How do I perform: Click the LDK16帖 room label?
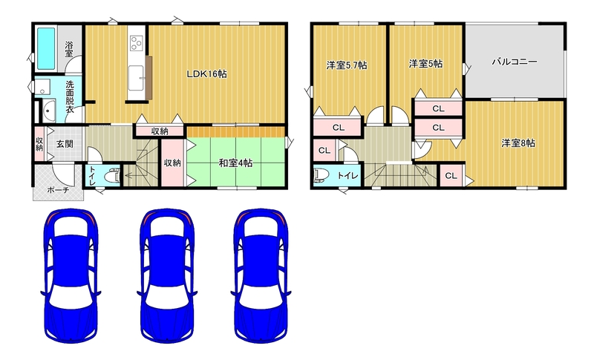click(206, 73)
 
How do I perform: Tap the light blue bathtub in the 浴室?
click(46, 48)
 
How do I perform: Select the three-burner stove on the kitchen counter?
click(136, 43)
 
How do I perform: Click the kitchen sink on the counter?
click(136, 78)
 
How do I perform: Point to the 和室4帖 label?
click(235, 163)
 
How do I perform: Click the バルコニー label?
click(515, 62)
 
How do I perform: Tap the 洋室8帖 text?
click(518, 143)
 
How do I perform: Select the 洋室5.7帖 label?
click(347, 65)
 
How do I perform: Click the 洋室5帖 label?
click(425, 64)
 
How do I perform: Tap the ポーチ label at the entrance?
click(58, 190)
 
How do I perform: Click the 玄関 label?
click(65, 144)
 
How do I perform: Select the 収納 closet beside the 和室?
click(172, 163)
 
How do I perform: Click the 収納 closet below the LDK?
click(160, 131)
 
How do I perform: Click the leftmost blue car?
click(71, 275)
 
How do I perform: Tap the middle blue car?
click(167, 275)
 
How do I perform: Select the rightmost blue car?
click(261, 275)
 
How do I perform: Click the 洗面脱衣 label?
click(70, 97)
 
